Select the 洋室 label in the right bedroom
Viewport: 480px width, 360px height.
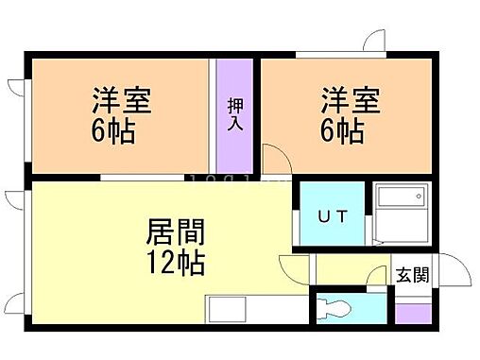(351, 100)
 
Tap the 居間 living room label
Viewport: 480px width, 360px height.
(176, 231)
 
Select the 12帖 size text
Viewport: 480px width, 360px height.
(176, 262)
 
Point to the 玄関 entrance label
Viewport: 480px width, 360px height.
(412, 275)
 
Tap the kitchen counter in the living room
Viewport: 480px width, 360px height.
(237, 310)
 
